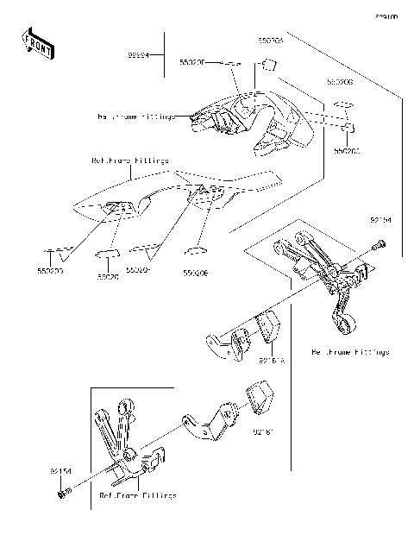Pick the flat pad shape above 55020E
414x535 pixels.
pyautogui.click(x=197, y=251)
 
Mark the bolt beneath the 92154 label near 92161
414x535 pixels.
pyautogui.click(x=63, y=494)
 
